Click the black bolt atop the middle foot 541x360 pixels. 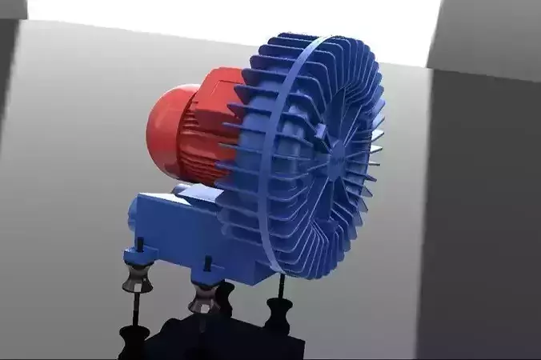(209, 263)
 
